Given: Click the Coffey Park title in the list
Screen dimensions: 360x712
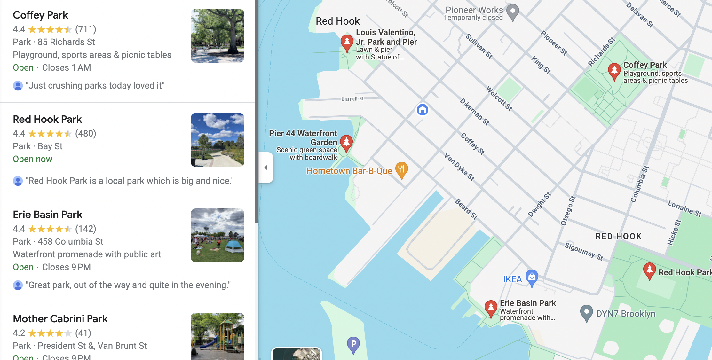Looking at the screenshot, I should click(40, 15).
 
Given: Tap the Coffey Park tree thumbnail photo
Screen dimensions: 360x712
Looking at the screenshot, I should click(218, 36).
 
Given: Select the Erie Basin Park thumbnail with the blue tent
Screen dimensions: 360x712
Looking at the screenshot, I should click(218, 235).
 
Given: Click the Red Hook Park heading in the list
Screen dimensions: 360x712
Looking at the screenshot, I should click(47, 119).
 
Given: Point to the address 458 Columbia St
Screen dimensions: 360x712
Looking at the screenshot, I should click(70, 241).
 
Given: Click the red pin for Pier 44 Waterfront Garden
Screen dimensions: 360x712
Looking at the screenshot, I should click(346, 143).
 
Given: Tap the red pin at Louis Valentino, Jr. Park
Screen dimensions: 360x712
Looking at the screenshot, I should click(347, 42).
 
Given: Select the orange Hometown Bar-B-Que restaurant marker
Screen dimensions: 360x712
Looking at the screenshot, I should click(401, 170).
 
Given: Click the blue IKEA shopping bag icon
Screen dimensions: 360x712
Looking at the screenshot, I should click(532, 277).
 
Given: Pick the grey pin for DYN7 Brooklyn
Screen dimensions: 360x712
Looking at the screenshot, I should click(586, 313).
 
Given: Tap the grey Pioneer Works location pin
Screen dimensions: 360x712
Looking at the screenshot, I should click(513, 12).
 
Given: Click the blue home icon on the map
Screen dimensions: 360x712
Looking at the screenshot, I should click(422, 110).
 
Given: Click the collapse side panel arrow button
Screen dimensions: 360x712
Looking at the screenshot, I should click(266, 168).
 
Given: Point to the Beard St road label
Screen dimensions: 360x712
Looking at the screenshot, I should click(466, 209).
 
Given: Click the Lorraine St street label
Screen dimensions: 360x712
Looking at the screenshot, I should click(684, 208).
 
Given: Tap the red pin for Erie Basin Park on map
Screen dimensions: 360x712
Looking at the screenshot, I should click(491, 308).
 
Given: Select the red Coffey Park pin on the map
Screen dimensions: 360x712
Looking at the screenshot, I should click(614, 71).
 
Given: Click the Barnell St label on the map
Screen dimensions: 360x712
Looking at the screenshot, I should click(352, 99).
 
